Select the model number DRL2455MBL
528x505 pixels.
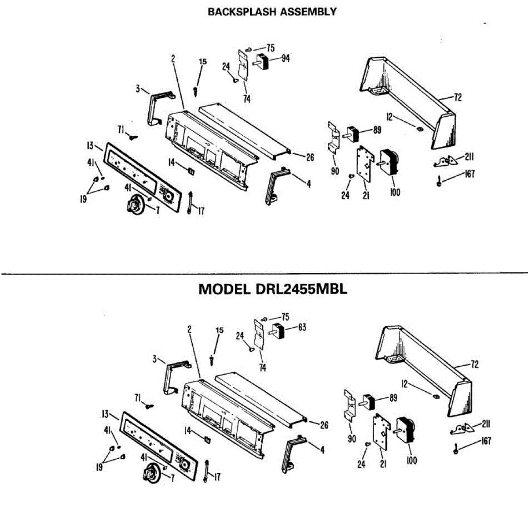point(301,289)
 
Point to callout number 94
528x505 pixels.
point(286,58)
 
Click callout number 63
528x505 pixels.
point(302,327)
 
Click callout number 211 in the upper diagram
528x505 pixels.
point(469,157)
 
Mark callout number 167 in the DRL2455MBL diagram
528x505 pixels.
point(486,441)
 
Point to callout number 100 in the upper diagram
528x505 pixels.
point(395,192)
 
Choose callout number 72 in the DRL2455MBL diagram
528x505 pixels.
point(474,364)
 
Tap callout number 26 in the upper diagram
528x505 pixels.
point(310,157)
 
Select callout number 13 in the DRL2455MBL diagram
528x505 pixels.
point(105,414)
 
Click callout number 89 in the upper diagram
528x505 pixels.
point(377,130)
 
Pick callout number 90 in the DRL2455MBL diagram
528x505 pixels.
point(352,439)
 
